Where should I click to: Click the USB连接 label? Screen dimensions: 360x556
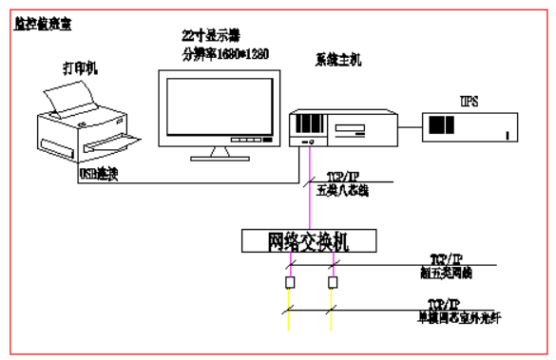pos(97,177)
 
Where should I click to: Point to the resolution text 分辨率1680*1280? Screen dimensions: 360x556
pos(225,53)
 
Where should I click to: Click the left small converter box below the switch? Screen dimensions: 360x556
pos(289,283)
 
